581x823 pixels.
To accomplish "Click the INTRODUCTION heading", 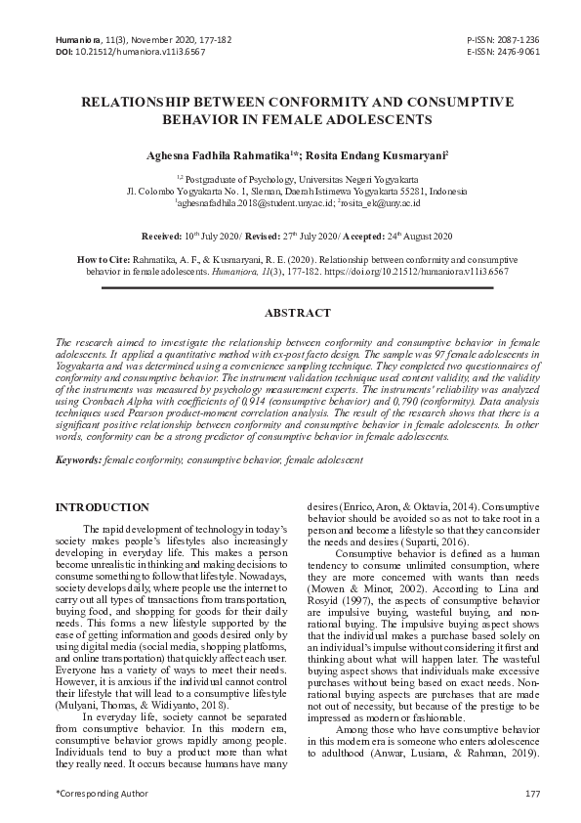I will pos(103,507).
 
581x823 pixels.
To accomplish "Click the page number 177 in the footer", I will pos(532,793).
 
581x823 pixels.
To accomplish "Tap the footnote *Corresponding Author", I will pos(97,793).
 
